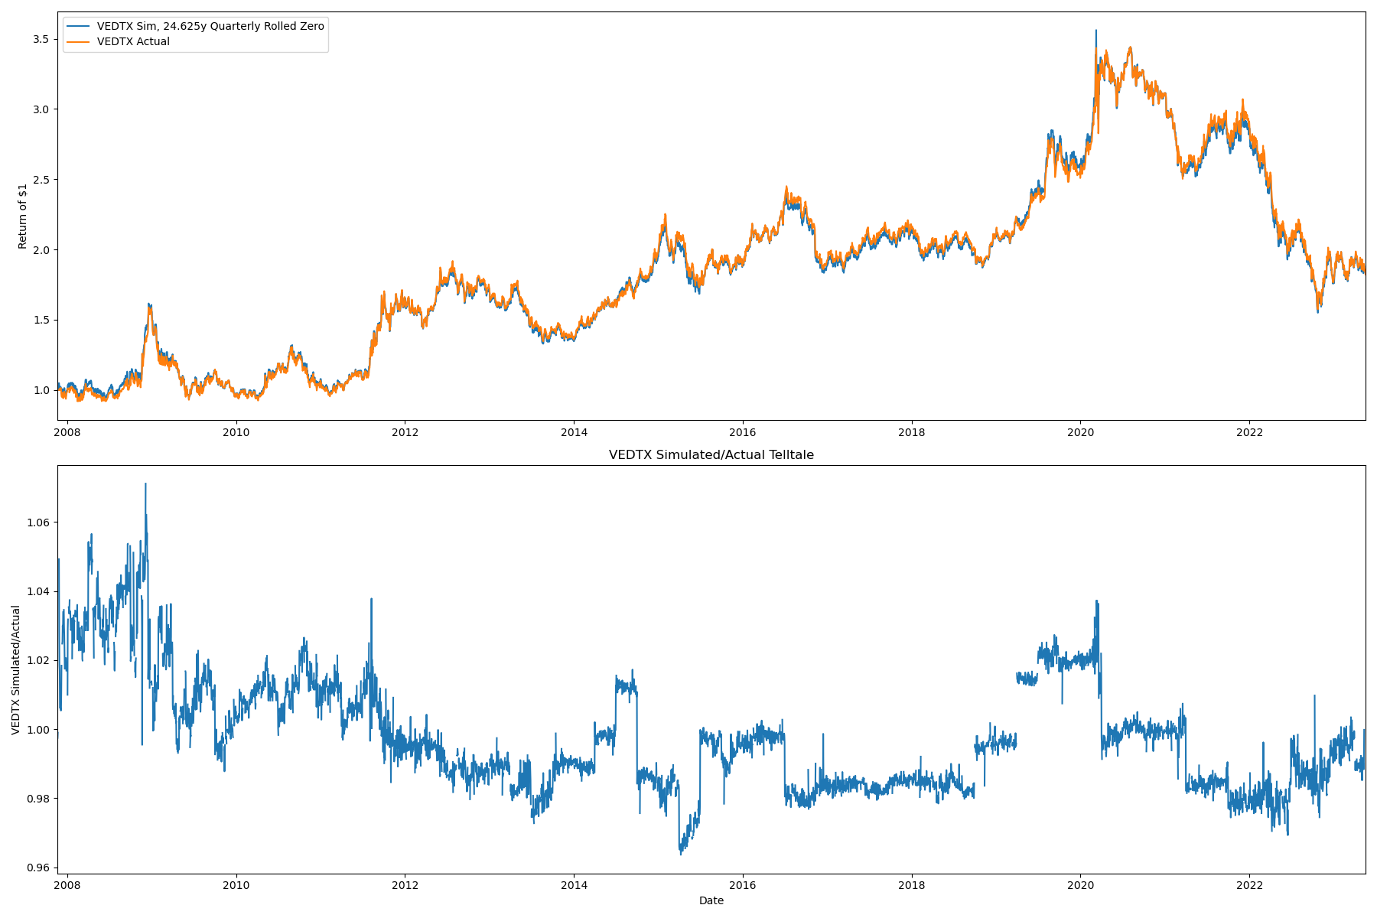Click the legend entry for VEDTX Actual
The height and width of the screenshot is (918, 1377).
(x=133, y=42)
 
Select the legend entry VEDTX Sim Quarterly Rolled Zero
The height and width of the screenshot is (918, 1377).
(x=210, y=26)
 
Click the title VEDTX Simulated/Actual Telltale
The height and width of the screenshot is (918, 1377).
(x=711, y=455)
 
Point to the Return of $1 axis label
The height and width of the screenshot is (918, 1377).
(x=23, y=216)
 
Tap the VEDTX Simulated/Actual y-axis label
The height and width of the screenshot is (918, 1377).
(x=16, y=669)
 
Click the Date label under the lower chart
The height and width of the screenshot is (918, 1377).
(x=711, y=900)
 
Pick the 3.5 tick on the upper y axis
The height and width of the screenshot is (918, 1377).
(x=41, y=39)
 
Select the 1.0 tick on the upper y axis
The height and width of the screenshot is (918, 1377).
(x=41, y=390)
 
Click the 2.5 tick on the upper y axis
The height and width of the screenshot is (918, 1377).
(x=41, y=180)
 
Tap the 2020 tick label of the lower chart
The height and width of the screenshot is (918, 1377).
(x=1080, y=886)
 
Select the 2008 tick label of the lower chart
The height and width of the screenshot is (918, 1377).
(x=67, y=886)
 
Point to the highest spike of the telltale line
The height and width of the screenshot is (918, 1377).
(x=145, y=483)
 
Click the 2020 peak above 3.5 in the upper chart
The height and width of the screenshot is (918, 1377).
(x=1095, y=31)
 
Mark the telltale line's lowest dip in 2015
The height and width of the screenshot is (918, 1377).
(x=681, y=854)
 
